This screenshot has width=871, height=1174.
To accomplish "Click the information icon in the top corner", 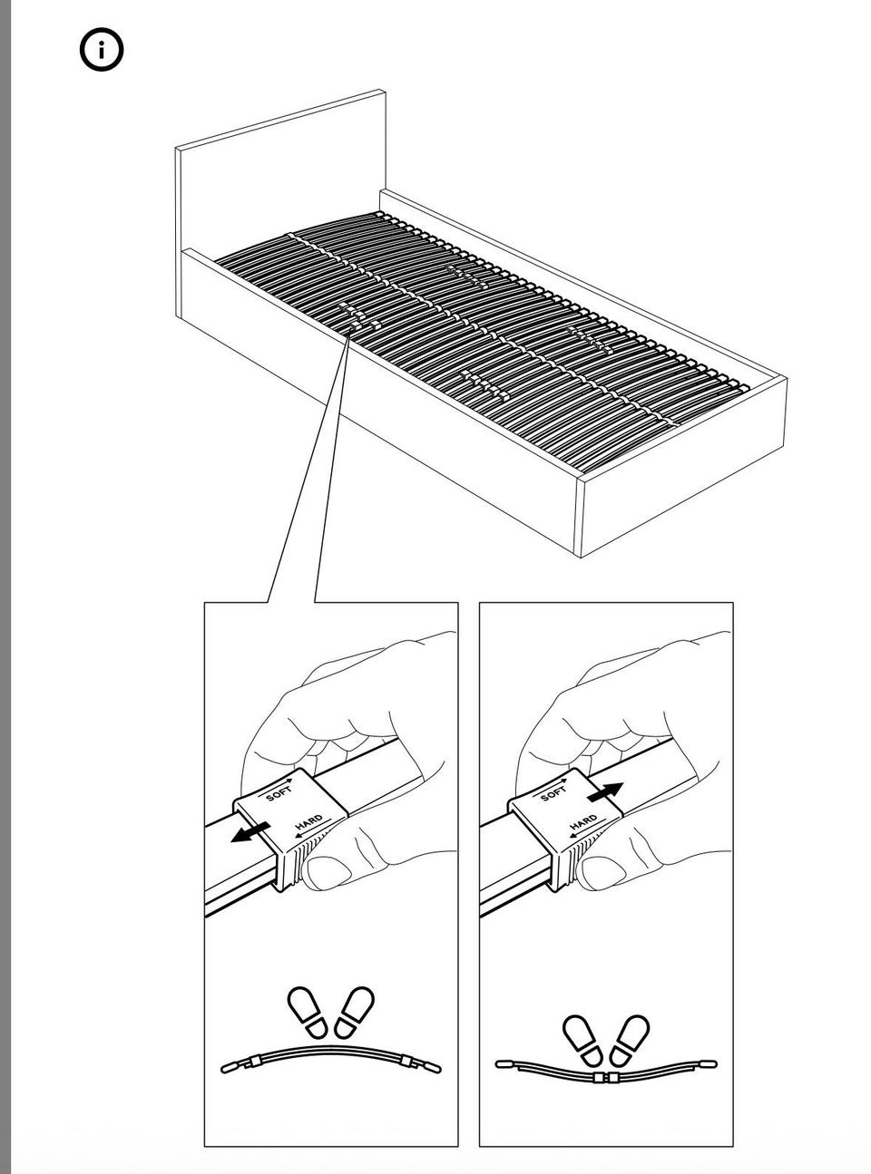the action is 102,50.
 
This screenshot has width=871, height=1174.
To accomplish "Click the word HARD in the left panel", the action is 308,822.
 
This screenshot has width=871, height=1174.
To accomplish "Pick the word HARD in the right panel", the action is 583,822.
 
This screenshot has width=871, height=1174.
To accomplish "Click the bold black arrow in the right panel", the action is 605,792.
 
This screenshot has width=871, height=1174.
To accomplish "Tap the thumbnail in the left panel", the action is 328,872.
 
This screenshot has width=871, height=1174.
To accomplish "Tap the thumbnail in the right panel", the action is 603,872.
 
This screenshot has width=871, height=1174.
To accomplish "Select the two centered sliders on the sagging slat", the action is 605,1077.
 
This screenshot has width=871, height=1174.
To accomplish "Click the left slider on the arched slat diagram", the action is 255,1060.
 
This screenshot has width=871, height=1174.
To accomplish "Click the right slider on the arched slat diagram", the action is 406,1060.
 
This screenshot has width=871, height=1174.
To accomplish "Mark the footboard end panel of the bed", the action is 683,465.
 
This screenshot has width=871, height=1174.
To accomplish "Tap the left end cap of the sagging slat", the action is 504,1063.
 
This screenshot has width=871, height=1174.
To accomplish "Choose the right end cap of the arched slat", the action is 432,1068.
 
